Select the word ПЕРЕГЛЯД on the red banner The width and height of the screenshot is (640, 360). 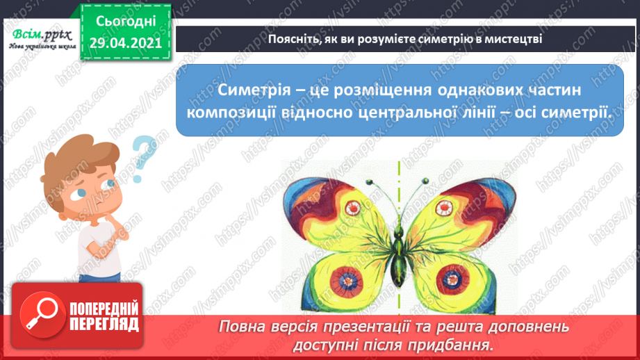tap(104, 324)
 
